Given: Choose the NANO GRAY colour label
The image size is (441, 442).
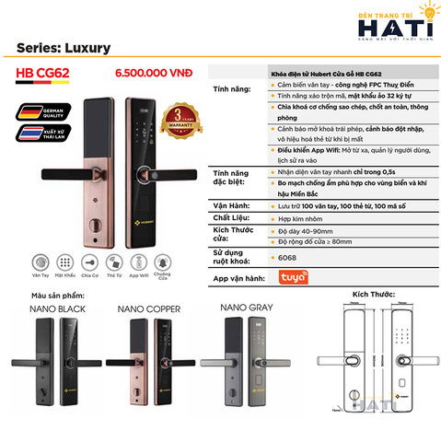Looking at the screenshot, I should (247, 305).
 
